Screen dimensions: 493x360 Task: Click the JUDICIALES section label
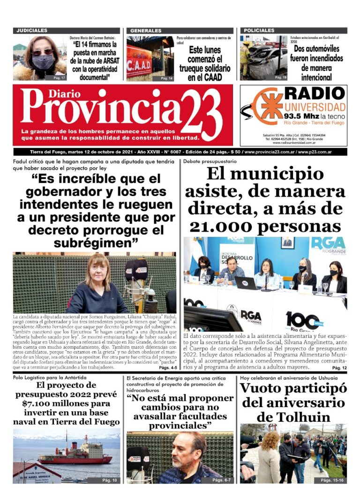coord(32,30)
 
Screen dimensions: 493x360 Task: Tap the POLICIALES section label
coord(259,30)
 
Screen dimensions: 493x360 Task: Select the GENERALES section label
coord(146,30)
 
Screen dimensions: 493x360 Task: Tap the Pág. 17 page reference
coord(60,77)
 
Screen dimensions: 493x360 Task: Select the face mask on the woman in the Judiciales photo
coord(43,61)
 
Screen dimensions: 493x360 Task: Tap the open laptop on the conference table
coord(245,283)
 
